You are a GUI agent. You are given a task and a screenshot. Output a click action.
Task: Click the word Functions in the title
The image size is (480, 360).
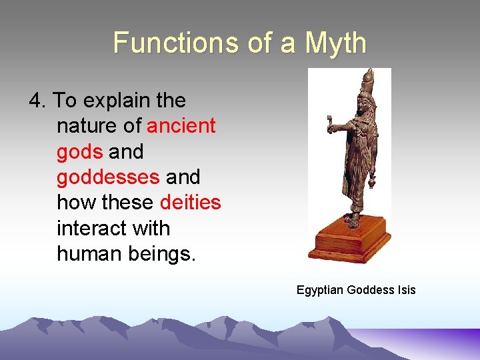165,43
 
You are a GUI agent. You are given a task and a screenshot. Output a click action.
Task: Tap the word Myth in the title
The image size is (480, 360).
336,43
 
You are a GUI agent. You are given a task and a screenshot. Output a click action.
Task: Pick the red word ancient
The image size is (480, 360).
181,126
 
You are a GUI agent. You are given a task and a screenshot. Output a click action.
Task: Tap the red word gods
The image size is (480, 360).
79,152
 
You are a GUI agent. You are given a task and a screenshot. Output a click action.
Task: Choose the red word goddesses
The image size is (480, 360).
108,177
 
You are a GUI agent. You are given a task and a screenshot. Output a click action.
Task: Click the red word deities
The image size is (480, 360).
190,203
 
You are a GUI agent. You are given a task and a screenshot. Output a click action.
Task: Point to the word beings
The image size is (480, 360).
163,254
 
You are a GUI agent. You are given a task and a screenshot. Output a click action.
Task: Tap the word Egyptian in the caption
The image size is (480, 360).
321,290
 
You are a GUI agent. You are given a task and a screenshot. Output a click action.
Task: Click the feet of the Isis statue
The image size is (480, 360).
353,220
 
